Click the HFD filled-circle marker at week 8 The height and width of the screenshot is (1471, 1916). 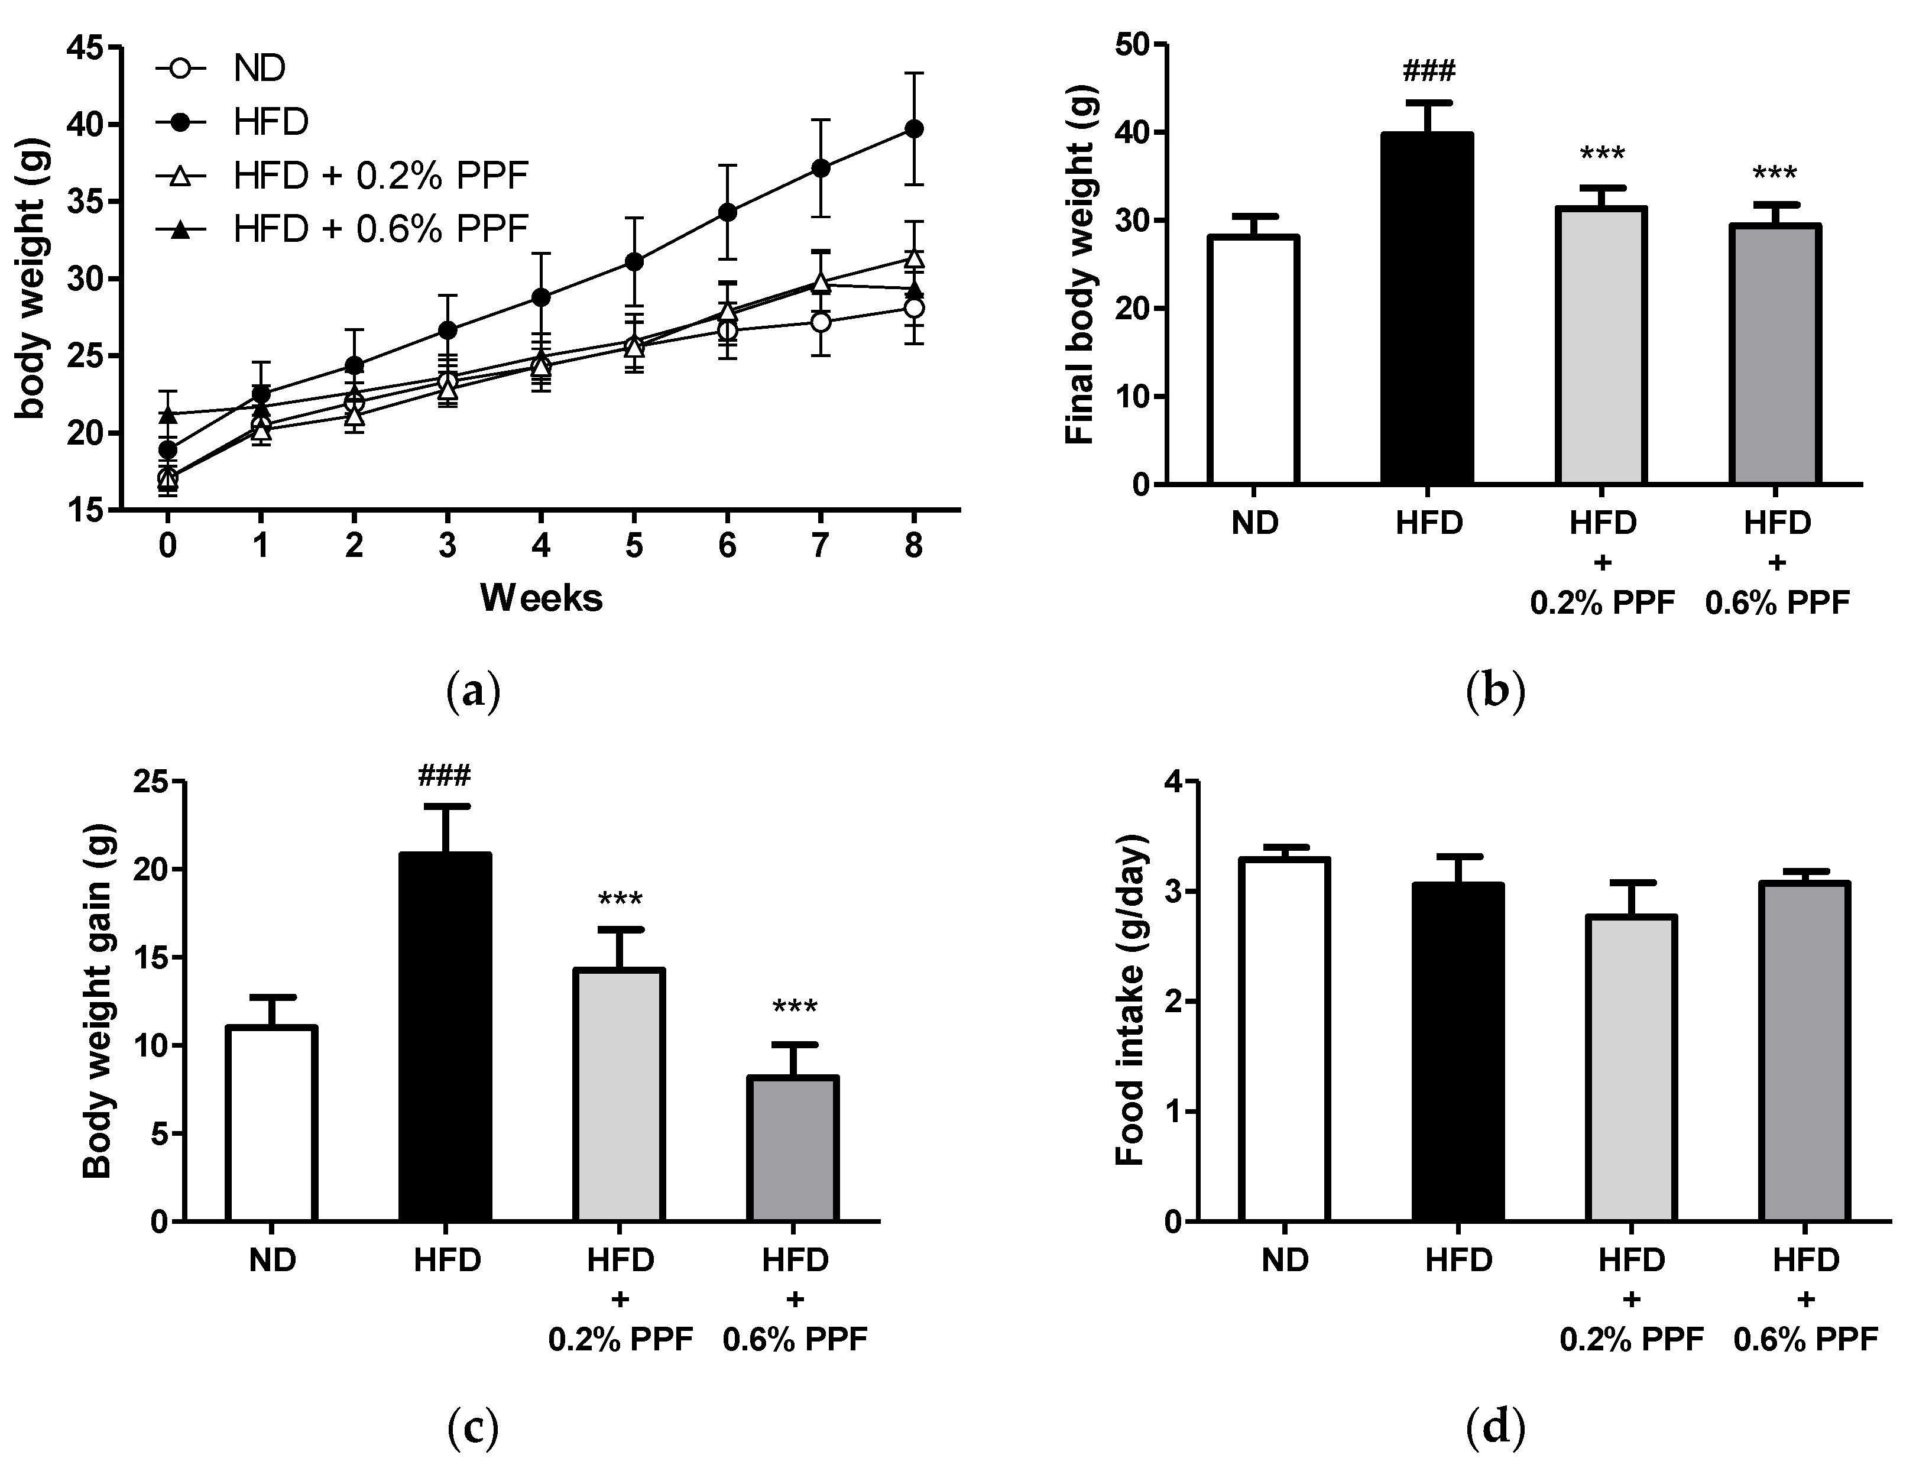[x=913, y=129]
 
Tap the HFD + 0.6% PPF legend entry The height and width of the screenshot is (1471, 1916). [x=381, y=229]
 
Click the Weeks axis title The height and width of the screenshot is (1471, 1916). [x=541, y=598]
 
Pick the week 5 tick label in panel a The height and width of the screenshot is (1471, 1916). [x=634, y=546]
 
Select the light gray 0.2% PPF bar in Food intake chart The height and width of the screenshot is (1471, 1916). [x=1630, y=1068]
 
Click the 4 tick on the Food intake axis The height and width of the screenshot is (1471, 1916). [x=1172, y=782]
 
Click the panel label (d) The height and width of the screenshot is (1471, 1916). [x=1495, y=1427]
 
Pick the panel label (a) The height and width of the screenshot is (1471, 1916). [x=473, y=692]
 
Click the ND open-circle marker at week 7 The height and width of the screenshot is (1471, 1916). [x=820, y=322]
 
